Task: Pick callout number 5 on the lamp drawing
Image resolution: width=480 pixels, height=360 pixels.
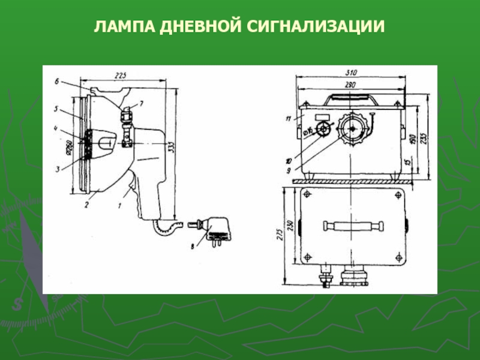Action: [55, 109]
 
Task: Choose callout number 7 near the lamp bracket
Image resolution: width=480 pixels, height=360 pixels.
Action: [142, 104]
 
